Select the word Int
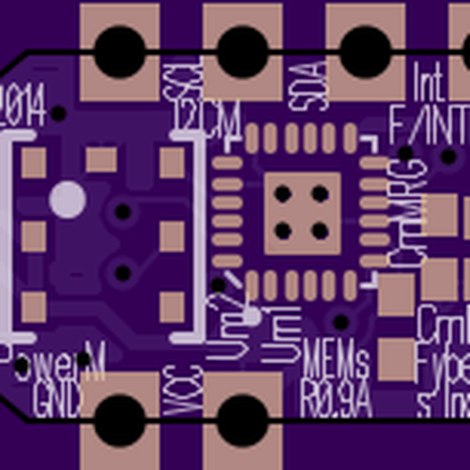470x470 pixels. (427, 79)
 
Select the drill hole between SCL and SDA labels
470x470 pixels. (242, 52)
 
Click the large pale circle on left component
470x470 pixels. (68, 199)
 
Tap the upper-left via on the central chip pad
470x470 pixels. (283, 193)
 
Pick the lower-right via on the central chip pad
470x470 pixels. (320, 230)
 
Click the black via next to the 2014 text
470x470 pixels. (58, 114)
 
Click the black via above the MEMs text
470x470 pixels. (341, 321)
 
